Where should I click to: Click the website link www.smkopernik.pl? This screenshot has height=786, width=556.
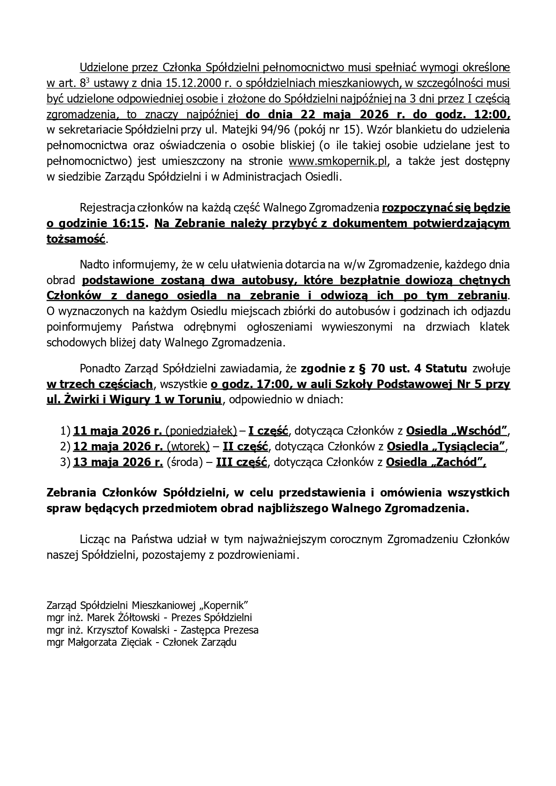337,161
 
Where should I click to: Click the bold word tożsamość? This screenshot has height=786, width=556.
76,239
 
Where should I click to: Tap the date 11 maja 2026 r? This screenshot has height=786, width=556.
117,431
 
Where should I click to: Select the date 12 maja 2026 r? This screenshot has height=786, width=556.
118,447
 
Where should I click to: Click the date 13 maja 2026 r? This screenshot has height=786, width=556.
118,462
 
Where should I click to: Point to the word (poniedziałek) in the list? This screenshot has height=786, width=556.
201,431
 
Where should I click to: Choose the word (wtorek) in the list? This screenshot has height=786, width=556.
188,447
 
